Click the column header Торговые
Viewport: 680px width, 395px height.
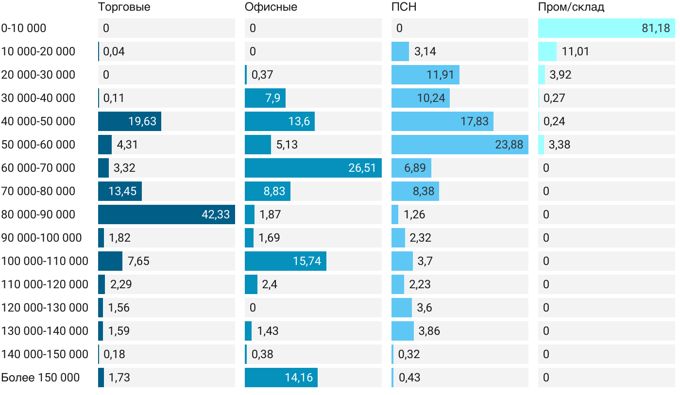pyautogui.click(x=124, y=7)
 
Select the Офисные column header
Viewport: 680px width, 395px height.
pyautogui.click(x=271, y=7)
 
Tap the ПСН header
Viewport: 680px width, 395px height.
pyautogui.click(x=404, y=7)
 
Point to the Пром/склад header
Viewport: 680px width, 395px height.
pyautogui.click(x=571, y=7)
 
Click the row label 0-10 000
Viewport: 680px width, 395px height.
pyautogui.click(x=24, y=28)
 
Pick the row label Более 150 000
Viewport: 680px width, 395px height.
pyautogui.click(x=40, y=378)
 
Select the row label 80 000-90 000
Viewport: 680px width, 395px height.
pyautogui.click(x=38, y=214)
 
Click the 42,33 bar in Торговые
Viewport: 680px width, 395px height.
pyautogui.click(x=166, y=214)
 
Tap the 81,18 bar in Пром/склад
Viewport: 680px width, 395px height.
pyautogui.click(x=606, y=28)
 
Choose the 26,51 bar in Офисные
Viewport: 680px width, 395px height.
pyautogui.click(x=313, y=168)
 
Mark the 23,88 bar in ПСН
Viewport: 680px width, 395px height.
pyautogui.click(x=459, y=145)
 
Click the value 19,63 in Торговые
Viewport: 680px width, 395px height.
pyautogui.click(x=142, y=121)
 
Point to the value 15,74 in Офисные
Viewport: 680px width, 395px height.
pyautogui.click(x=307, y=261)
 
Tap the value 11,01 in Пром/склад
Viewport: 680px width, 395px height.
pyautogui.click(x=575, y=51)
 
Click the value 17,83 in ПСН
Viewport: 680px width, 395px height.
pyautogui.click(x=475, y=121)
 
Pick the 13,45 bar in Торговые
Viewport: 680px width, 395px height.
pyautogui.click(x=120, y=191)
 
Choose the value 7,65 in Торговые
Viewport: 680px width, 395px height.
pyautogui.click(x=138, y=261)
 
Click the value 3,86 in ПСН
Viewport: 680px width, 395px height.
pyautogui.click(x=429, y=331)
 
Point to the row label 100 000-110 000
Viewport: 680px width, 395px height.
pyautogui.click(x=45, y=261)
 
